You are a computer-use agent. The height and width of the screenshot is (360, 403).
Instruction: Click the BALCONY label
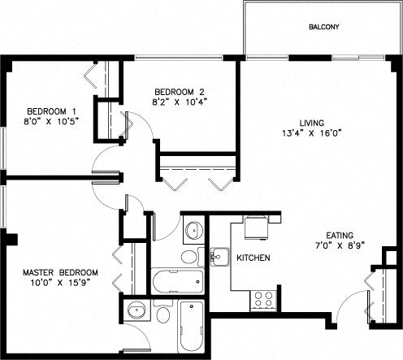click(323, 27)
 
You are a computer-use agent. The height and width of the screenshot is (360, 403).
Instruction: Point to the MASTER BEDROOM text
click(60, 272)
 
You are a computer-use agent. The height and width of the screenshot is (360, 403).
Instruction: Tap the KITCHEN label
click(253, 258)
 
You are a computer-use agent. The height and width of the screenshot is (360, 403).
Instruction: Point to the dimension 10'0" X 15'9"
click(60, 284)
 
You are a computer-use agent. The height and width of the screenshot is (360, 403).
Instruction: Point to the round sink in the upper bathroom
click(193, 231)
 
